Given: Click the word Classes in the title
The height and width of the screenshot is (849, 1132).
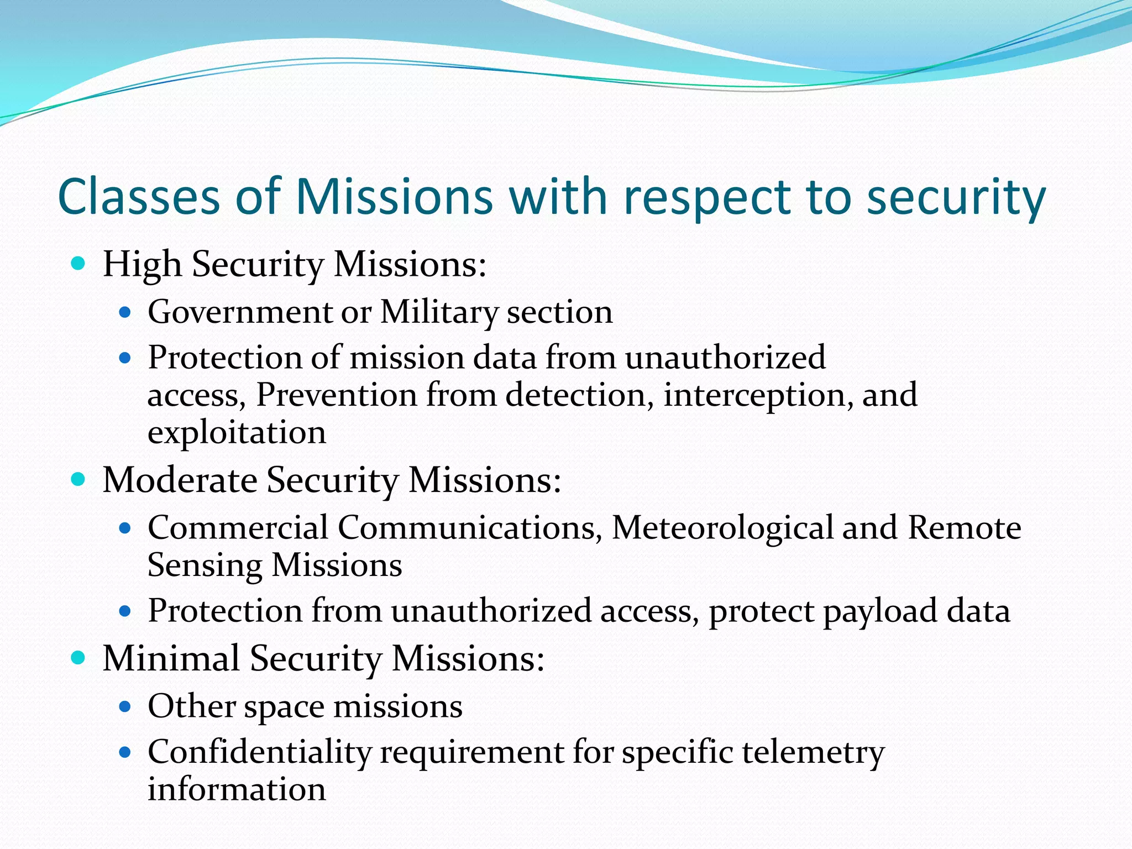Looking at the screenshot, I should click(139, 197).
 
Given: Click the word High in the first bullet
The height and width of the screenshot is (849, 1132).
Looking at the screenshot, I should click(142, 264).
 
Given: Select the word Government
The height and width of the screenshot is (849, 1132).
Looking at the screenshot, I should click(239, 312).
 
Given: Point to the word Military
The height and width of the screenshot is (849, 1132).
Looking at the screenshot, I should click(439, 312).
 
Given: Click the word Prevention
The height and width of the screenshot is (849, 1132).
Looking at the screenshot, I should click(336, 395).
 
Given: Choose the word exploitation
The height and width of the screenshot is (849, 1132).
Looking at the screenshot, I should click(237, 432).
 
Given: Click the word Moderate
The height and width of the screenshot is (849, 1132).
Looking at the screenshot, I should click(180, 479).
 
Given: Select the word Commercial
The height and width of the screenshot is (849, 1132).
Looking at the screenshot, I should click(238, 527).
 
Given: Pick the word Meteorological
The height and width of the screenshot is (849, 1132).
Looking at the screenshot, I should click(722, 527).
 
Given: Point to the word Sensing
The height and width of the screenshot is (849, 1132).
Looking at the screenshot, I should click(205, 565).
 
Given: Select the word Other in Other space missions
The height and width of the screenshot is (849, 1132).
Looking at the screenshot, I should click(191, 706).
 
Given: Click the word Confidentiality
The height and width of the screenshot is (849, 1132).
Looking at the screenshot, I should click(259, 752).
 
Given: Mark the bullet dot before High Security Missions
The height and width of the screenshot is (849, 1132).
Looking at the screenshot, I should click(78, 264).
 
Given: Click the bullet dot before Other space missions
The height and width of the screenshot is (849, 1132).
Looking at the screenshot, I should click(125, 706).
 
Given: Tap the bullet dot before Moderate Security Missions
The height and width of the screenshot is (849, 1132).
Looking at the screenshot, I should click(78, 479).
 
